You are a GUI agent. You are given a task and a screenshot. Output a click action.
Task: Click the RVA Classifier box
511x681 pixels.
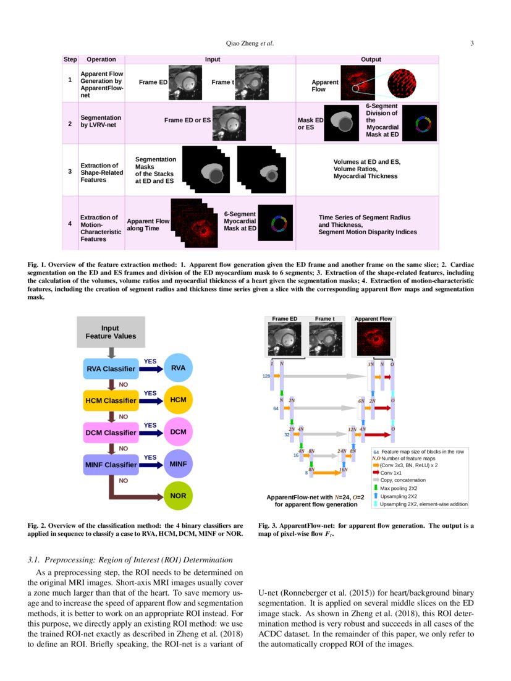110,369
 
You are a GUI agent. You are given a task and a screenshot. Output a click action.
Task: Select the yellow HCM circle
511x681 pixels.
178,400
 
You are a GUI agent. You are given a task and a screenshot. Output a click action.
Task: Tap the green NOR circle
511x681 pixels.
178,496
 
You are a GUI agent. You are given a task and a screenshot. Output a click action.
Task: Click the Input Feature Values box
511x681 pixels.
111,332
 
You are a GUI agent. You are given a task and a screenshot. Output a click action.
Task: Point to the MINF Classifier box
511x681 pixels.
110,464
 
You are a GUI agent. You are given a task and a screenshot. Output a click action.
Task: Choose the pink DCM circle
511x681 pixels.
178,431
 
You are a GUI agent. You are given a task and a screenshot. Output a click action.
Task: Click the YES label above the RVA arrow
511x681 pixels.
150,361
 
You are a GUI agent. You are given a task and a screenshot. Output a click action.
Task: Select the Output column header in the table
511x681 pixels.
371,59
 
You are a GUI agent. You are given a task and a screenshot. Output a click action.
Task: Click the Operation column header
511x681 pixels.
101,59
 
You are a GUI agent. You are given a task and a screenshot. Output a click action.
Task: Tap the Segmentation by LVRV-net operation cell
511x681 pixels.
101,121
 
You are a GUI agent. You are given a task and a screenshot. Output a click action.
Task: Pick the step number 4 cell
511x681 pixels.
70,223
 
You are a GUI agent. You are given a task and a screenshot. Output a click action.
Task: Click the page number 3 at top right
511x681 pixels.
471,43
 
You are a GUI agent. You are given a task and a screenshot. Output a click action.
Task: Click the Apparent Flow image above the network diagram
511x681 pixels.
373,340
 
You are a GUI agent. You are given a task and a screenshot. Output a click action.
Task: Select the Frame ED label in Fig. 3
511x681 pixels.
285,319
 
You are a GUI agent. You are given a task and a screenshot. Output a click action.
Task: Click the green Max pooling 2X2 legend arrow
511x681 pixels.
376,488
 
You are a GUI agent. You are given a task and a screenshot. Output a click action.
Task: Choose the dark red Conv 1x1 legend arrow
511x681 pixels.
376,472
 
